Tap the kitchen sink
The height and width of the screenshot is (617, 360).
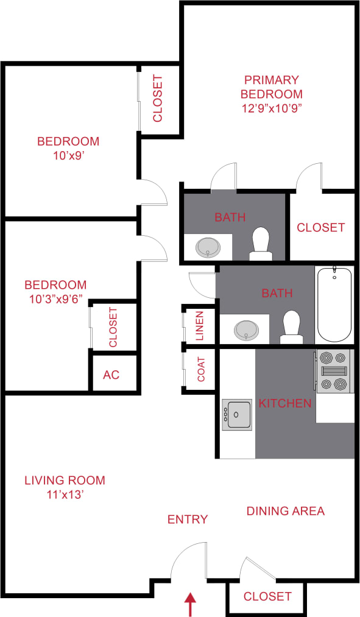tap(237, 415)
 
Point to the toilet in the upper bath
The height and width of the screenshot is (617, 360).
tap(261, 244)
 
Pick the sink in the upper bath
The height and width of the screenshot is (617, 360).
tap(208, 246)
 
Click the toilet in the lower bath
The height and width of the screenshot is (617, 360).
tap(291, 326)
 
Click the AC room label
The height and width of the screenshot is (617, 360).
tap(111, 374)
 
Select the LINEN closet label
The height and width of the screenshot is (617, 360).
tap(199, 325)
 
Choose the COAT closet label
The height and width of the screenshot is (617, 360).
tap(202, 368)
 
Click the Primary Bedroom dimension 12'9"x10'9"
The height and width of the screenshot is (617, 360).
tap(271, 108)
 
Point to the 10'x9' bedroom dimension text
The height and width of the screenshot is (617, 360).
tap(68, 155)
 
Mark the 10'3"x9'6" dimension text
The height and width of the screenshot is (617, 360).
tap(55, 299)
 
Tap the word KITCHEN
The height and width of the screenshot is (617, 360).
tap(285, 403)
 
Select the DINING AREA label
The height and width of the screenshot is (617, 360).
tap(285, 510)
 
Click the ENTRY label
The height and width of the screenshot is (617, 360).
tap(188, 519)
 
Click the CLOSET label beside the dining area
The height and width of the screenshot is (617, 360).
tap(267, 596)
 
